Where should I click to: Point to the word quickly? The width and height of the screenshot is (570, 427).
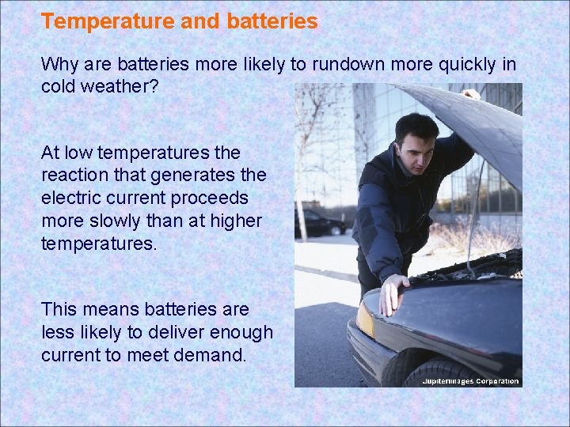[x=468, y=63]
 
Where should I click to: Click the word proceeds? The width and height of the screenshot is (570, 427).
[x=212, y=197]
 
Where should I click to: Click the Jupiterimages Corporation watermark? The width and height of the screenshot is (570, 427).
[x=470, y=381]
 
